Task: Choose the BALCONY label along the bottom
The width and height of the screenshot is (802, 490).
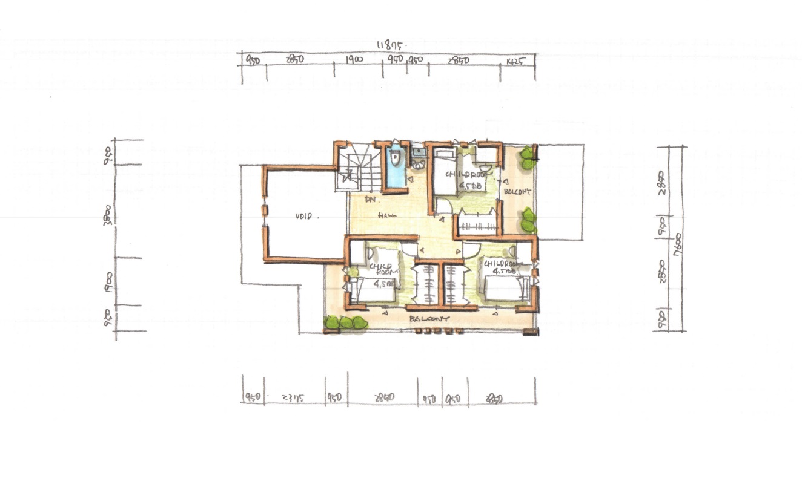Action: click(429, 318)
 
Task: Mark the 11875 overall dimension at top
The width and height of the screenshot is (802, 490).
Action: click(391, 45)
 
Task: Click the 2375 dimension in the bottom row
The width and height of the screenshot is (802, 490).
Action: click(293, 397)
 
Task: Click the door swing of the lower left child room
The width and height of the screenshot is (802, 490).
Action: click(409, 247)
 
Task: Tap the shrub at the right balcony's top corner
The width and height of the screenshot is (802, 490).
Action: click(528, 157)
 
